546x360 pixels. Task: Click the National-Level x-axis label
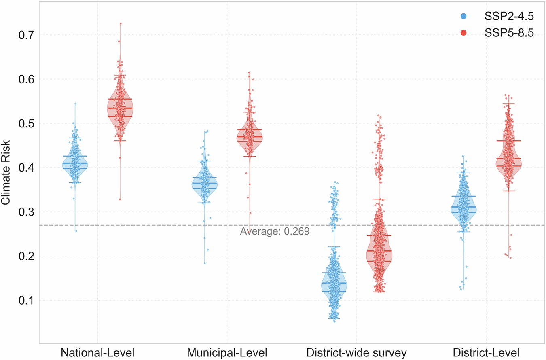pos(97,352)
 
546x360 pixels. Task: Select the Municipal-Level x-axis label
pos(227,352)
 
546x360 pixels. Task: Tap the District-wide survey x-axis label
pos(356,352)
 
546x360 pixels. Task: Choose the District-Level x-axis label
pos(486,352)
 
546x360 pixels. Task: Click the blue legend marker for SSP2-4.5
pos(463,16)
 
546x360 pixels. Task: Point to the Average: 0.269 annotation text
pos(275,231)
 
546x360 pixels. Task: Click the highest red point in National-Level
pos(121,23)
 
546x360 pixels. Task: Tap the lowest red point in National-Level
pos(120,199)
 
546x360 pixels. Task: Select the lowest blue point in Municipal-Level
pos(205,263)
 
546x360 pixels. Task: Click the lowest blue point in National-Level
pos(76,231)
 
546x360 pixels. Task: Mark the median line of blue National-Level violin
pos(75,163)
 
